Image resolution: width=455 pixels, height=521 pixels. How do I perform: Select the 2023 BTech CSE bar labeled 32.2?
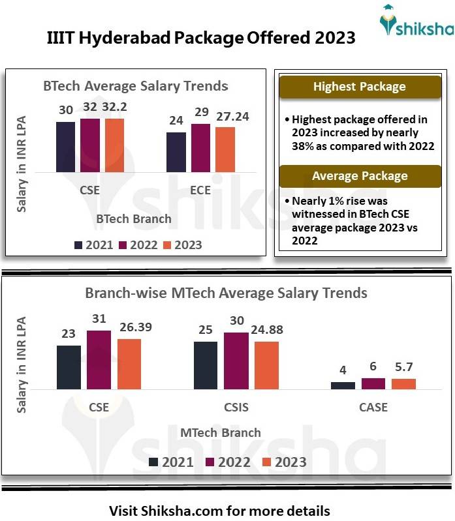[x=115, y=145]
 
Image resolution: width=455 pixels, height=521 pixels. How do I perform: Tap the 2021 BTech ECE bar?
[x=176, y=152]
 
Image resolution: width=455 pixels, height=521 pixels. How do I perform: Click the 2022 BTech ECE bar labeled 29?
[x=200, y=148]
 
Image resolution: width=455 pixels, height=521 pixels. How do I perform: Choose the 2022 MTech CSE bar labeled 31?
[x=99, y=360]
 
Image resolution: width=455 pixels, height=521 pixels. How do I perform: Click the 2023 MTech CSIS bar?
[x=266, y=365]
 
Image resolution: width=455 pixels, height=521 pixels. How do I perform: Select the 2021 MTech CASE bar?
[x=343, y=385]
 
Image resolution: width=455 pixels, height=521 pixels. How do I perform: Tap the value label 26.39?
[x=134, y=327]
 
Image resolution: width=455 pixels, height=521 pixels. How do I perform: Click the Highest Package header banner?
[x=359, y=87]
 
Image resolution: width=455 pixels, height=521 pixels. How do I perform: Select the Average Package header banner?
[x=359, y=176]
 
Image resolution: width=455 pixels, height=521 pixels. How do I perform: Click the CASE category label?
[x=373, y=408]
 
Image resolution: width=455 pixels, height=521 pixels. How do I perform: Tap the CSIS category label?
[x=236, y=408]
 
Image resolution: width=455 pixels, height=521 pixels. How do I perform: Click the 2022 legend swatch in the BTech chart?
[x=123, y=245]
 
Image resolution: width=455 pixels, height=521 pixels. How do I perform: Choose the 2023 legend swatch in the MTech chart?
[x=266, y=462]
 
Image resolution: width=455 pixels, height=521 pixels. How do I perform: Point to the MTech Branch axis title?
[x=221, y=432]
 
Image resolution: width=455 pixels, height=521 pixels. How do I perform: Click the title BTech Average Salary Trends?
[x=136, y=86]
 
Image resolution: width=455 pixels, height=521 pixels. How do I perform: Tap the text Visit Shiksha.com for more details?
[x=219, y=510]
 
